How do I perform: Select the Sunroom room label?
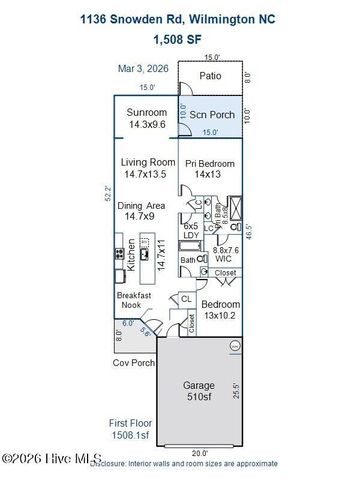coord(148,120)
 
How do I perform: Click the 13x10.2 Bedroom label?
coord(220,310)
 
